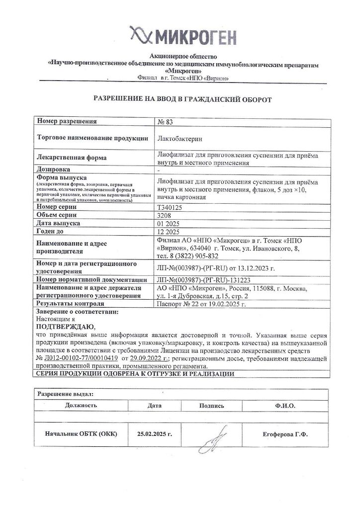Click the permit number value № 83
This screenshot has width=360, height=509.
[164, 122]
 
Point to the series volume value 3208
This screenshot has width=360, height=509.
[164, 215]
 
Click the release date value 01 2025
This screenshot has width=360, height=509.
[167, 224]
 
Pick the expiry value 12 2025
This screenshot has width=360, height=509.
[167, 232]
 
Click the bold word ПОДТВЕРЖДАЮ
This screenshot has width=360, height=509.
[63, 326]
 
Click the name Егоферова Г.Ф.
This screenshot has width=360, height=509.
[285, 434]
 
